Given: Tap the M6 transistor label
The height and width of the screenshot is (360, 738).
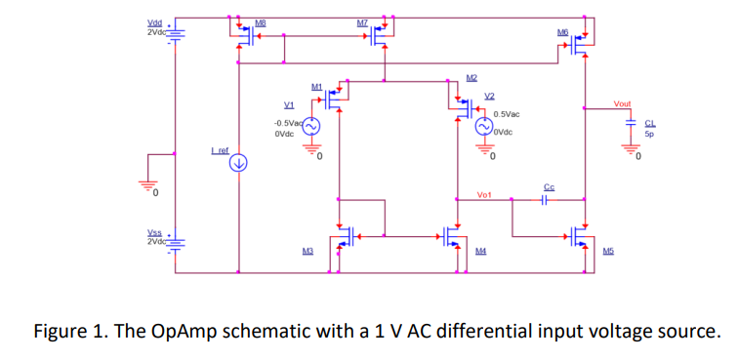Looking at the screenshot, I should [562, 33].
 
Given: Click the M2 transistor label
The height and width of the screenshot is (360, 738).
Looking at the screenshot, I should [471, 78].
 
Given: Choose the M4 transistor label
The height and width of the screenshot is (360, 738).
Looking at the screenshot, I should [480, 252].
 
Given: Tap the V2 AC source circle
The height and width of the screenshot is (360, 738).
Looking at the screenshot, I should [484, 127].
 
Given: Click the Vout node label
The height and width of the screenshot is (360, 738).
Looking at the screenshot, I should [622, 103].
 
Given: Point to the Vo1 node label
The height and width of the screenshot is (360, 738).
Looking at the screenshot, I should [485, 195].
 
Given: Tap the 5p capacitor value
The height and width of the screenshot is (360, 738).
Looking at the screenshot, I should [649, 136].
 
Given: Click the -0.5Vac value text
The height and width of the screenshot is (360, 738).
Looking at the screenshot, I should [288, 123].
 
